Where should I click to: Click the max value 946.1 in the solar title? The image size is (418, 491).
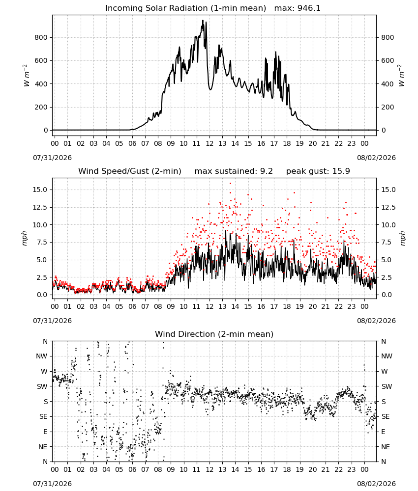[309, 8]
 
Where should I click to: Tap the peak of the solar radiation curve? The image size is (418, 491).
[203, 21]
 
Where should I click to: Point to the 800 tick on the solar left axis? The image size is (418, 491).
[41, 38]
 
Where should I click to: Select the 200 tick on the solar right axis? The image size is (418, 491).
[388, 107]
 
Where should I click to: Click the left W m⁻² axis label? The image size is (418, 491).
[27, 76]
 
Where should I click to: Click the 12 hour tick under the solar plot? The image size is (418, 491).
[209, 143]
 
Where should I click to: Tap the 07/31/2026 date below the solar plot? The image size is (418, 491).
[52, 158]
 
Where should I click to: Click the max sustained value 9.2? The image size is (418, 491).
[267, 171]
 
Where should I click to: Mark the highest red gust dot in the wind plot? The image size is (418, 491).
[230, 184]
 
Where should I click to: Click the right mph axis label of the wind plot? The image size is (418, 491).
[402, 238]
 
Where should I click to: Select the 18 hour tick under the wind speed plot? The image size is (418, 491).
[287, 306]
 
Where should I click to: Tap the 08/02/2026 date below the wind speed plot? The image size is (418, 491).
[376, 321]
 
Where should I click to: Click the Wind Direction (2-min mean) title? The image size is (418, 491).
[214, 334]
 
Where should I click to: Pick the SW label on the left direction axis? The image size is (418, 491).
[42, 386]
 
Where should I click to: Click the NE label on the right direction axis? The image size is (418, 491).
[386, 447]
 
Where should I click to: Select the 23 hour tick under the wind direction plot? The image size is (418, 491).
[352, 469]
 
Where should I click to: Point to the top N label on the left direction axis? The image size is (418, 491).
[45, 341]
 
